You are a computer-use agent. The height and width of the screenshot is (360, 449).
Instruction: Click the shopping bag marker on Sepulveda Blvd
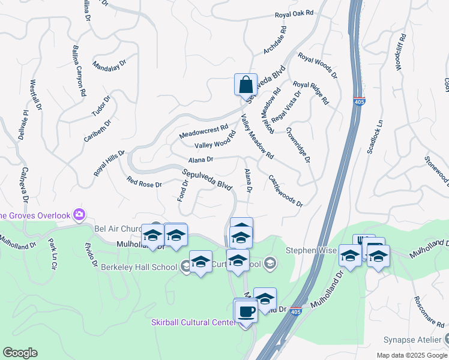point(246,85)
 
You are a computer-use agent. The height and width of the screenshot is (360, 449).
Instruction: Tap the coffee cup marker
point(246,311)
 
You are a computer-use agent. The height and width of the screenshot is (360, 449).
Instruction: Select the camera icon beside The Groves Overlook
point(79,214)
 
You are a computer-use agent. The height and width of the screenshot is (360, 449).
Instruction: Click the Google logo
point(20,353)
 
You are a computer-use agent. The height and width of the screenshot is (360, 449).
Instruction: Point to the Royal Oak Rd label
point(294,13)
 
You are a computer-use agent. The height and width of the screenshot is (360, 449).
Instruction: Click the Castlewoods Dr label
point(285,190)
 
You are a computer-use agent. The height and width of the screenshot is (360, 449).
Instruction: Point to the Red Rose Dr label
point(144,182)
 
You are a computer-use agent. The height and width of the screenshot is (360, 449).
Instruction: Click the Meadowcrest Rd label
point(204,131)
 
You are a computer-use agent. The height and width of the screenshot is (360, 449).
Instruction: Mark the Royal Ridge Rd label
point(311,93)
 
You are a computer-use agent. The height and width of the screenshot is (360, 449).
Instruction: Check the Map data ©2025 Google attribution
point(411,355)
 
